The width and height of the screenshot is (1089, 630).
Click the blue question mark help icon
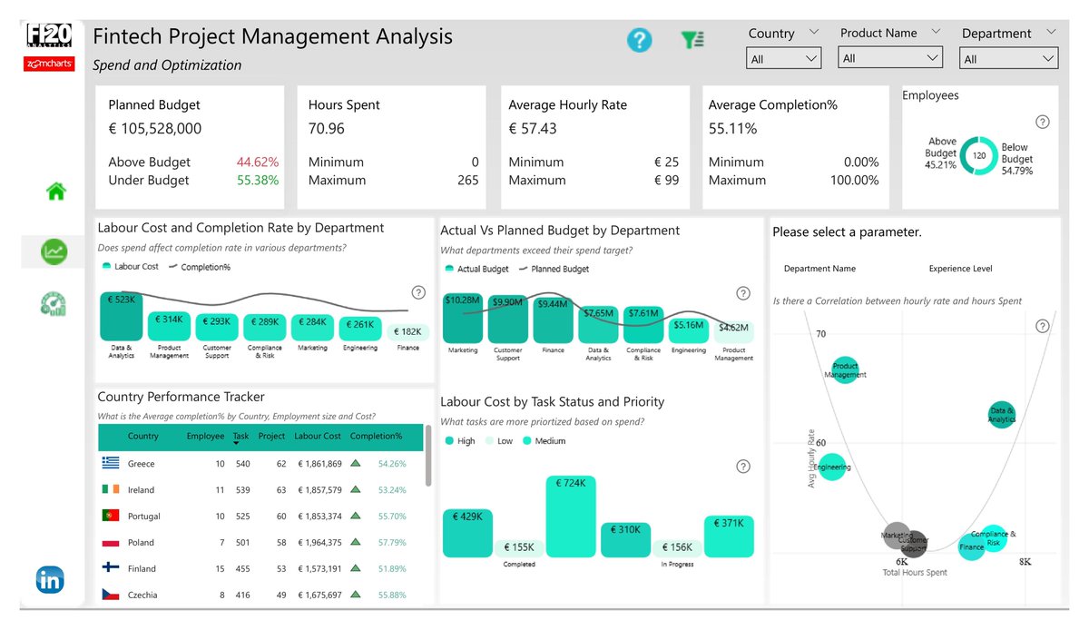click(640, 40)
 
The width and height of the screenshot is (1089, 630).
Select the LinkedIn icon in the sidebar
click(50, 579)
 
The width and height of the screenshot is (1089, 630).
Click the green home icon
click(56, 192)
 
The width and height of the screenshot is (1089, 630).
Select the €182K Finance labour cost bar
click(408, 332)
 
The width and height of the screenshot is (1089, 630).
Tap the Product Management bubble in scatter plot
click(845, 370)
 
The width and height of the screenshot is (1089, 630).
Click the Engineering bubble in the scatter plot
click(832, 468)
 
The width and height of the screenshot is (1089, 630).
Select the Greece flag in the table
click(112, 464)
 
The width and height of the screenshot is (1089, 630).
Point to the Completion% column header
click(376, 437)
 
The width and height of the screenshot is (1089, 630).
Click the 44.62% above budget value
click(258, 162)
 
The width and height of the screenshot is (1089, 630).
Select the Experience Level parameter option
click(960, 269)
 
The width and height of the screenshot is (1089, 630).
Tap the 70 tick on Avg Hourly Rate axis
click(820, 334)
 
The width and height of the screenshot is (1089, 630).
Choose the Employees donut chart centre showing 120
click(979, 155)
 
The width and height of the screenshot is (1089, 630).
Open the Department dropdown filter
click(1008, 59)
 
